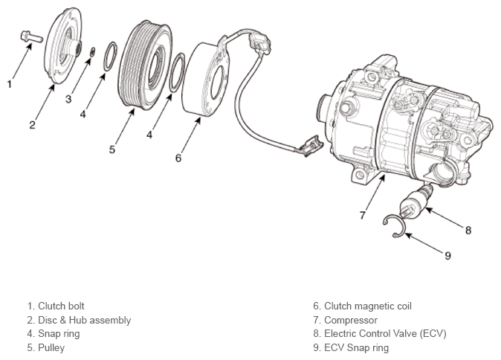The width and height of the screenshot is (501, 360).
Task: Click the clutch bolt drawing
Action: pos(31,36)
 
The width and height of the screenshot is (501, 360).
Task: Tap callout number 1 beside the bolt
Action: pos(10,84)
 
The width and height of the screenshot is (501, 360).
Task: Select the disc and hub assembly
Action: pos(63,45)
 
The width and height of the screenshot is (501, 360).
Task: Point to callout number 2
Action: pos(32,125)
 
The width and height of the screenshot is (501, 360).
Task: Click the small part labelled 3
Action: pos(93,52)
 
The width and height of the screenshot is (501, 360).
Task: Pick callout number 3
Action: pos(68,99)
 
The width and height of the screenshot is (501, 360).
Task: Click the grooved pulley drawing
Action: pos(146,65)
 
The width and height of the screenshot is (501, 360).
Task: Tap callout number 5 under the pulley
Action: pos(111,150)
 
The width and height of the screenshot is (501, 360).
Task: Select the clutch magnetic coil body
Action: pos(205,79)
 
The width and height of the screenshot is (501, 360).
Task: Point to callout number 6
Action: pos(178,158)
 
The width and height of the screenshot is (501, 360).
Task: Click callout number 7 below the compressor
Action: pos(362,215)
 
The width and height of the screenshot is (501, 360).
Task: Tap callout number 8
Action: pos(468,230)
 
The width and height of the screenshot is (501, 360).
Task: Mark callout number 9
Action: pos(447,255)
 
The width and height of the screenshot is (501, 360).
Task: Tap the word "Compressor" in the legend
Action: pos(351,320)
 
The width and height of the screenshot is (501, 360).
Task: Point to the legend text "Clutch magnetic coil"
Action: pos(368,306)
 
